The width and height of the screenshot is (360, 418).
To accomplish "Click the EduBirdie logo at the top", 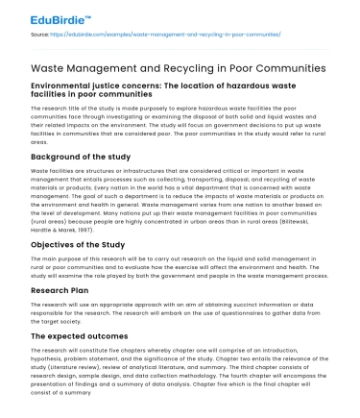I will point(39,16).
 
